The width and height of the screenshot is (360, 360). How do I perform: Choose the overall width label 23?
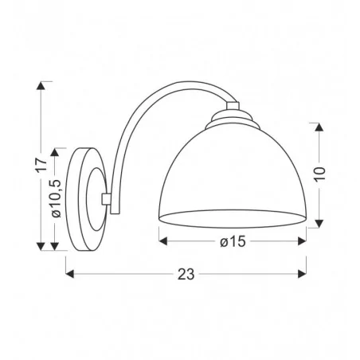coord(185,274)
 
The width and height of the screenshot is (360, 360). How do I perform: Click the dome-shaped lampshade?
coord(232,175)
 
